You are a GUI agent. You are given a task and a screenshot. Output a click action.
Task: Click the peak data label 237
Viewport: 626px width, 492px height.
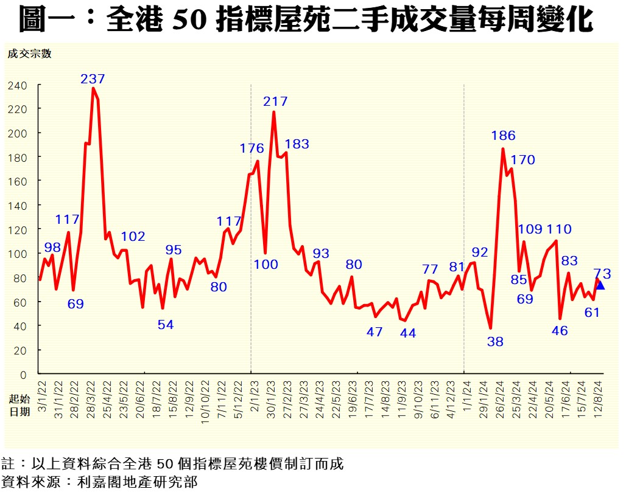(93, 78)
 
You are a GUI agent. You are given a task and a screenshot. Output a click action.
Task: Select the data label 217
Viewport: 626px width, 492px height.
(275, 102)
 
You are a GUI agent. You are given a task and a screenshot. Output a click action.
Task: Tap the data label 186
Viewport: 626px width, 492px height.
(504, 136)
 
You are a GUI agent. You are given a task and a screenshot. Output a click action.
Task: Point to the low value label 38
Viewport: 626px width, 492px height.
(495, 342)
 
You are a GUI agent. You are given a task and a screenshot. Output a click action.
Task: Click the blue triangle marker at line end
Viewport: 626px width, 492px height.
(600, 285)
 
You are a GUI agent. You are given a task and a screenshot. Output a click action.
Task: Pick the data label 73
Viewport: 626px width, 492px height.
(602, 274)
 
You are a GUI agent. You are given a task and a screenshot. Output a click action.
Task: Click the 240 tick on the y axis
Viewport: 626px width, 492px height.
(18, 85)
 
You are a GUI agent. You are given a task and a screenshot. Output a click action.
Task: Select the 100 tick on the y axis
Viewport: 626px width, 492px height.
(18, 254)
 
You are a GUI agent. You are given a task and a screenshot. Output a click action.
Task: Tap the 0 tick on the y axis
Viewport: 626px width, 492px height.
(23, 374)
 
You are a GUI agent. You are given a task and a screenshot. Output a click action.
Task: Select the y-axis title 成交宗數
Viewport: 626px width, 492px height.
(30, 54)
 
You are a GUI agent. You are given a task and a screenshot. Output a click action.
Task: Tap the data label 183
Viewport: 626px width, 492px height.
(297, 144)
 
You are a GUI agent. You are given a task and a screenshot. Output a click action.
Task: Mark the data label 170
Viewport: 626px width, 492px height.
(522, 160)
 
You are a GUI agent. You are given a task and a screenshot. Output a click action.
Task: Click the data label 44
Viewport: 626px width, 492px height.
(407, 333)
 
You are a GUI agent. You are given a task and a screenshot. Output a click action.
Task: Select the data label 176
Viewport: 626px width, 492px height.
(251, 148)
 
